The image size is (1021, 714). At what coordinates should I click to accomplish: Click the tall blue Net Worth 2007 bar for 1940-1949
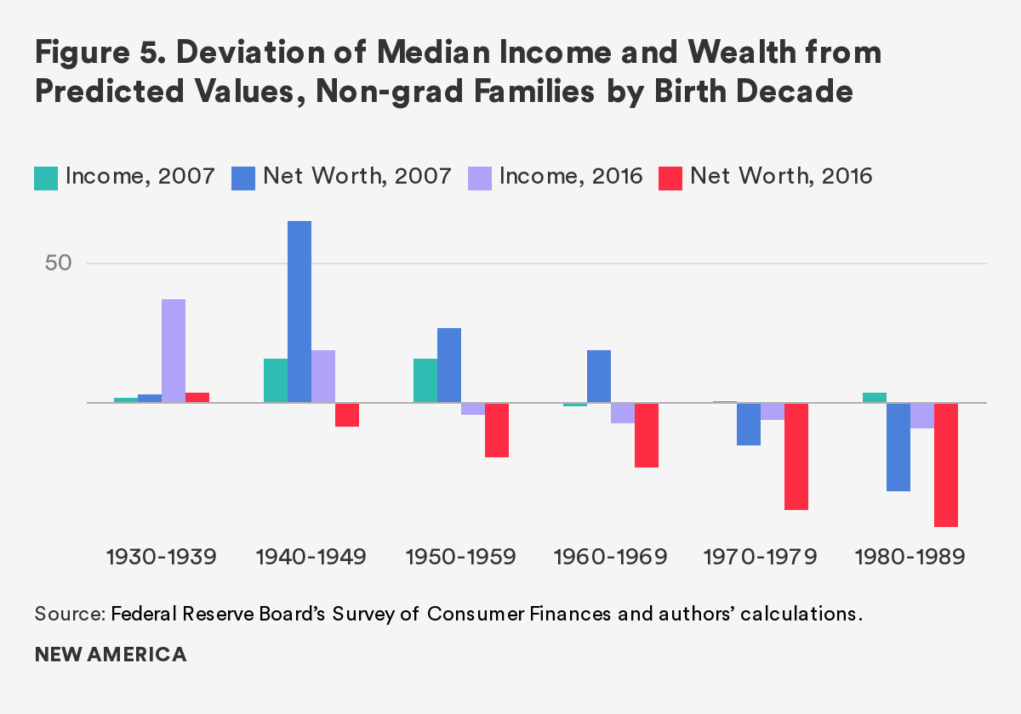click(299, 311)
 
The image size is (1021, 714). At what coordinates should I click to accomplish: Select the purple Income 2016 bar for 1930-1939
click(174, 350)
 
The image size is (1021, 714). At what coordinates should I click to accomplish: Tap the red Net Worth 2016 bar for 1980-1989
click(946, 464)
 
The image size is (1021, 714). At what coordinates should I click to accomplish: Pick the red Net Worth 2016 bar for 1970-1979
click(796, 456)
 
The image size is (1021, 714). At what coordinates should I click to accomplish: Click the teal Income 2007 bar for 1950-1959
click(425, 380)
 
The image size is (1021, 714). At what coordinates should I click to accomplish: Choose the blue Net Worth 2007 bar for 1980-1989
click(898, 446)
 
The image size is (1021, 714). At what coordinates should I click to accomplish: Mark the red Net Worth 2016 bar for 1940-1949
click(347, 414)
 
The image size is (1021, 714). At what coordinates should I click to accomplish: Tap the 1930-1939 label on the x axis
click(162, 558)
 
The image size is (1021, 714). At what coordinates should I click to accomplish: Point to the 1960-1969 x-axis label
click(611, 558)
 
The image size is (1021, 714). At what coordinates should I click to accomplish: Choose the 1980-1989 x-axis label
click(910, 558)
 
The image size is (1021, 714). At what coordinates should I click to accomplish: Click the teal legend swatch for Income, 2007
click(46, 178)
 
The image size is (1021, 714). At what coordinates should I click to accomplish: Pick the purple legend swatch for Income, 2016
click(480, 178)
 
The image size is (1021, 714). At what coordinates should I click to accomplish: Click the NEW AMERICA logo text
click(111, 654)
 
